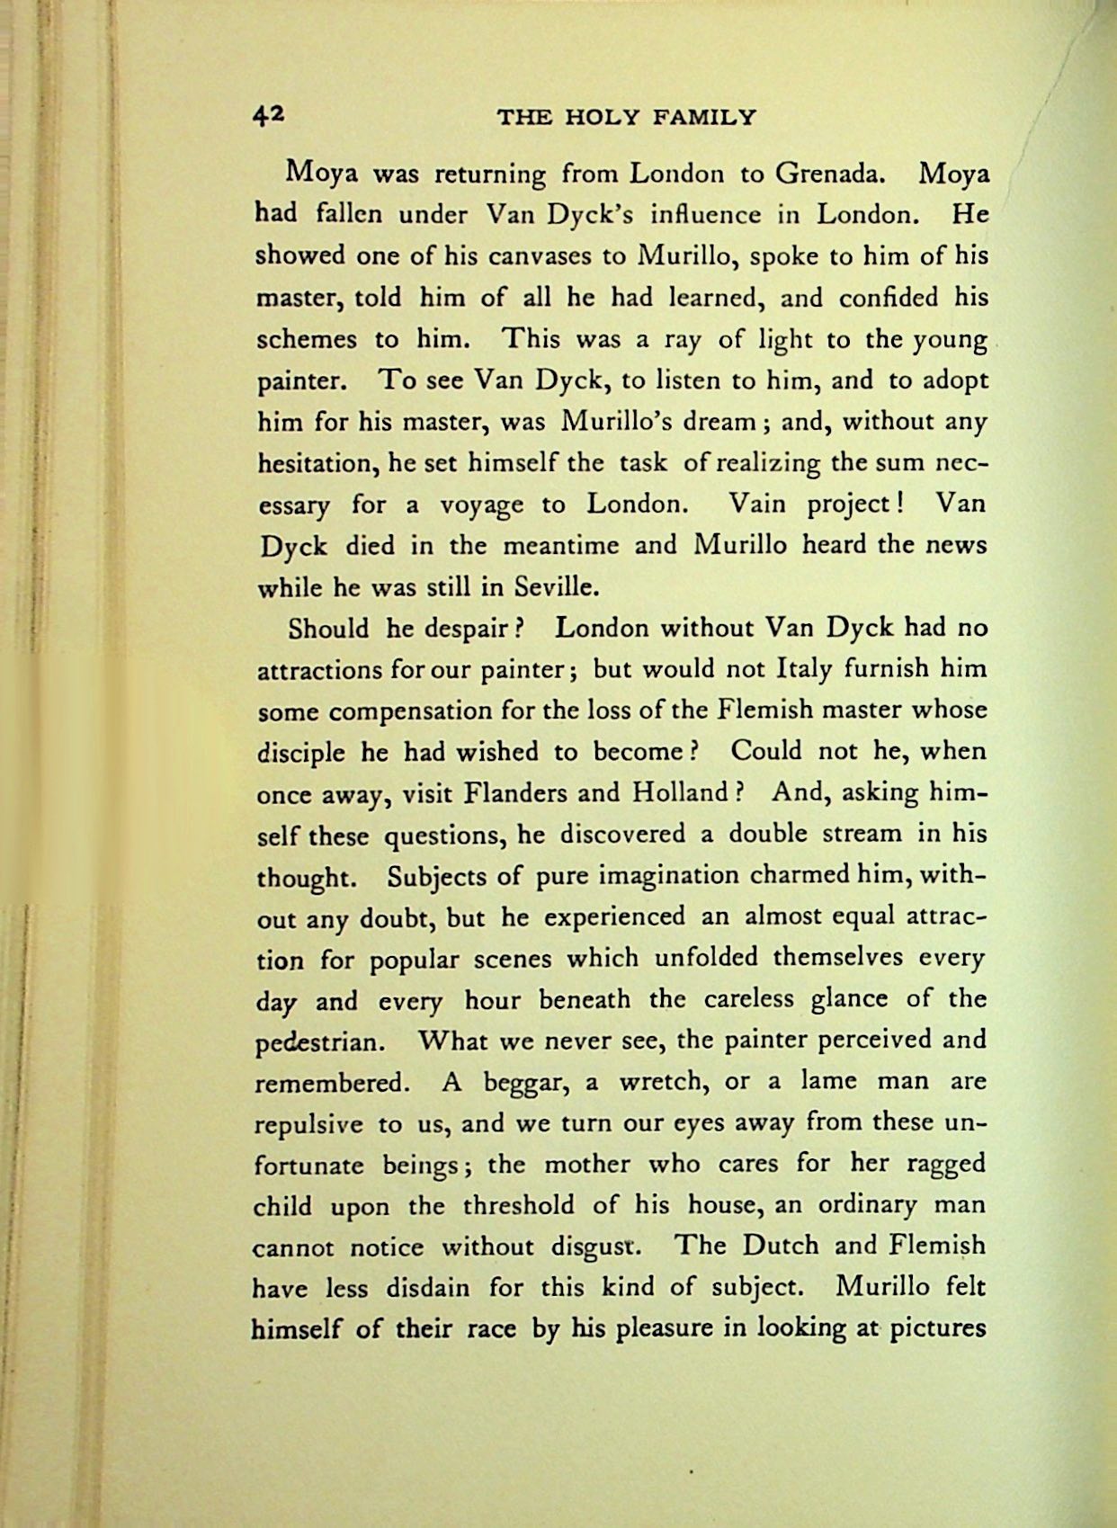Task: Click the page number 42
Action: pos(269,114)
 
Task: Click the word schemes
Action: pos(305,339)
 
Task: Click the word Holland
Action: pos(680,793)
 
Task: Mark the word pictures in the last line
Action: pos(938,1328)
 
